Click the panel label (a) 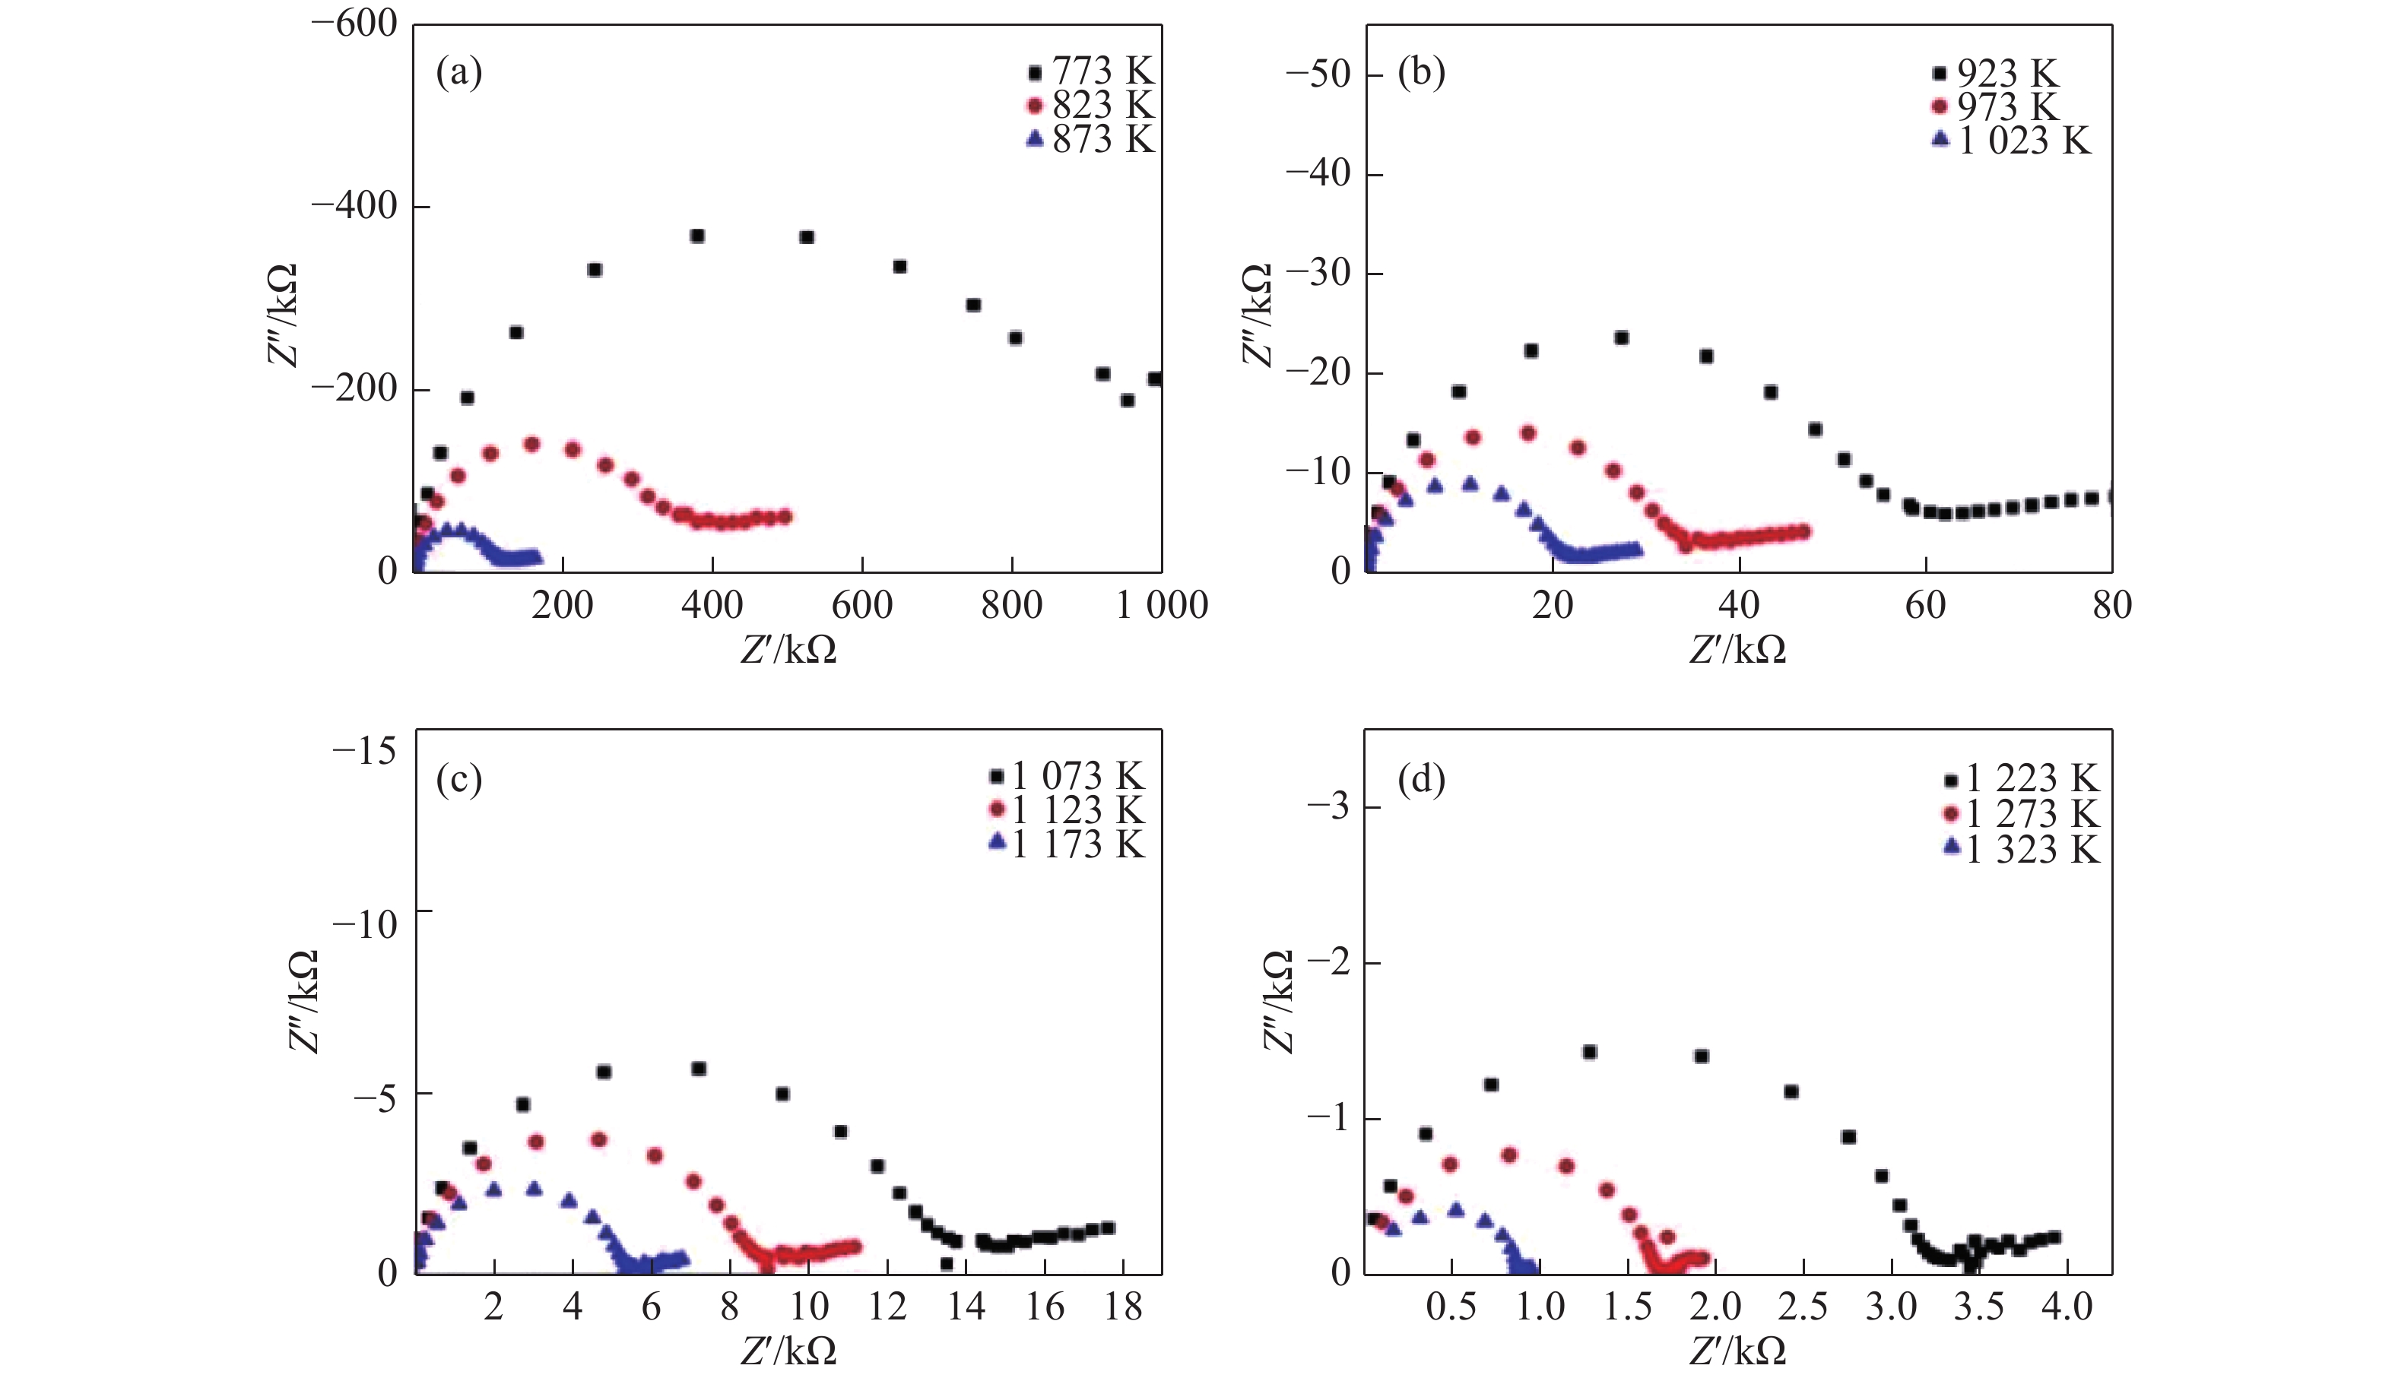pyautogui.click(x=459, y=72)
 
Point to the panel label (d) pyautogui.click(x=1421, y=780)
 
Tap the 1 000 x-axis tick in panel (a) pyautogui.click(x=1162, y=605)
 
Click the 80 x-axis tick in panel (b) pyautogui.click(x=2111, y=605)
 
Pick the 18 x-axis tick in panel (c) pyautogui.click(x=1123, y=1307)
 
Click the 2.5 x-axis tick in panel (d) pyautogui.click(x=1801, y=1307)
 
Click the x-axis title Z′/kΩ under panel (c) pyautogui.click(x=788, y=1351)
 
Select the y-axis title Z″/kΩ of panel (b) pyautogui.click(x=1257, y=315)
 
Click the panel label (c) pyautogui.click(x=459, y=780)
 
